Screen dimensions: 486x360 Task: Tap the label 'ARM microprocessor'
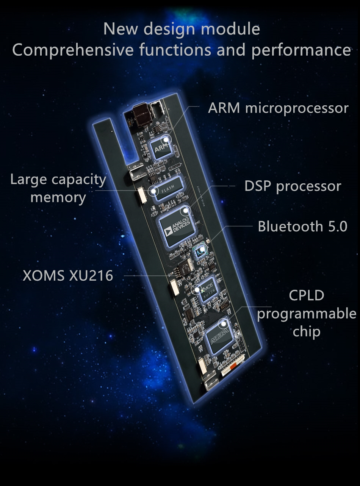point(278,108)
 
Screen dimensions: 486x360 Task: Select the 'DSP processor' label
point(293,186)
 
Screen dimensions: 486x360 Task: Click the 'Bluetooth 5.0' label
point(302,226)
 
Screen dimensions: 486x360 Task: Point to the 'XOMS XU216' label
point(68,275)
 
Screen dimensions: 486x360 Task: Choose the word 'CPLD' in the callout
point(307,295)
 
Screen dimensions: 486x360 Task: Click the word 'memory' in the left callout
point(58,197)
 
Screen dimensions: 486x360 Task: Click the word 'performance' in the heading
point(301,51)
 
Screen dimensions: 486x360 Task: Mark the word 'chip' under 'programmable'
point(307,331)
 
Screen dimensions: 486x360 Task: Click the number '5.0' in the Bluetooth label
point(336,226)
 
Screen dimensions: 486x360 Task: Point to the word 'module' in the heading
point(236,29)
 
